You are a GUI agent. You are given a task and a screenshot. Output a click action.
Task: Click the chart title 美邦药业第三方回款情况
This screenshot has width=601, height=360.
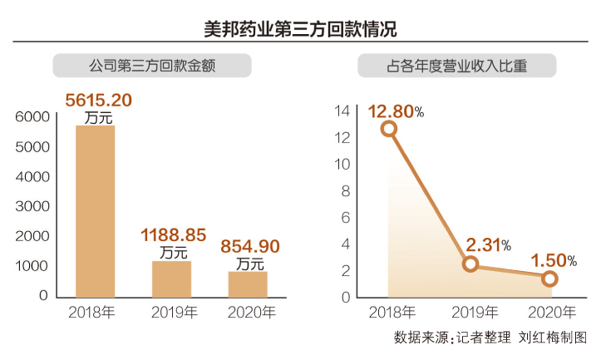coord(300,29)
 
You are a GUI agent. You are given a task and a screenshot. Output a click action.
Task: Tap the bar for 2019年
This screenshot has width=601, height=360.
coord(171,279)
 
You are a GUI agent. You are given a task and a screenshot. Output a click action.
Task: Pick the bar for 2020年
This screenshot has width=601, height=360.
coord(248,284)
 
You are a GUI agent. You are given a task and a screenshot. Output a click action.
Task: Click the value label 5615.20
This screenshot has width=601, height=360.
coord(99,101)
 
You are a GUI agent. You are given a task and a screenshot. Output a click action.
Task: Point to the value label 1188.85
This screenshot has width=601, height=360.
coord(173,235)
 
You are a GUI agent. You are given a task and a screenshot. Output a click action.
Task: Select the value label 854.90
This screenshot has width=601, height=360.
coord(249,247)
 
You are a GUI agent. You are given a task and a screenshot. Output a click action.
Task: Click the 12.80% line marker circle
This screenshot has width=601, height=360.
coord(389,128)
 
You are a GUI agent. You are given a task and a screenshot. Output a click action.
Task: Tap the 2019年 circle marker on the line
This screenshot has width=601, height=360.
coord(470,264)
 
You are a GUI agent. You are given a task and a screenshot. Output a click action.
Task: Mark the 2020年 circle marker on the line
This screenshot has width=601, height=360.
coord(549,279)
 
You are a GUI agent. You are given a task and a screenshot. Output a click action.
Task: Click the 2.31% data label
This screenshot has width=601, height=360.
coord(484,244)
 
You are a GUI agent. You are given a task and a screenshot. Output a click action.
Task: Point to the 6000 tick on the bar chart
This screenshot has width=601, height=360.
coord(32,117)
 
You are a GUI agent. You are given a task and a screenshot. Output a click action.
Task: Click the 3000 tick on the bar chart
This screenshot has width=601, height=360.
coord(32,206)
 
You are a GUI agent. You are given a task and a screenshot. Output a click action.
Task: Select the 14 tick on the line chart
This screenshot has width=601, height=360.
coord(341,111)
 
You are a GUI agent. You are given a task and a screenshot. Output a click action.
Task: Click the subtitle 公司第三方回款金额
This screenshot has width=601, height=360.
coord(152,66)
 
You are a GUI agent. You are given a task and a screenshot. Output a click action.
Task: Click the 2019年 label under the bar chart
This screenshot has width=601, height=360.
coord(173,313)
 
